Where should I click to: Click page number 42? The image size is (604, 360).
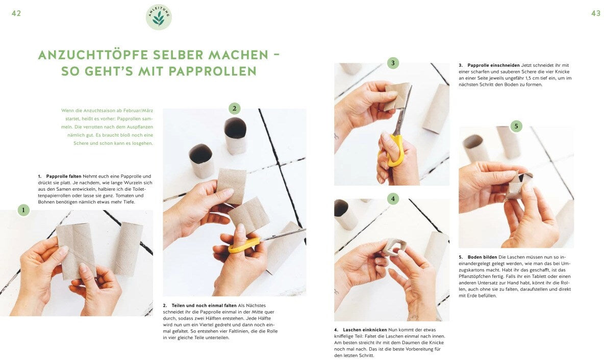tap(16, 13)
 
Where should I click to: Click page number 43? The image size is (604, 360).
tap(595, 13)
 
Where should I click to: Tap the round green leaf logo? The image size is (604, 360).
tap(159, 17)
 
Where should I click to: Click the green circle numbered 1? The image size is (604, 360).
tap(23, 210)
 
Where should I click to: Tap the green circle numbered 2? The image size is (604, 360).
tap(234, 109)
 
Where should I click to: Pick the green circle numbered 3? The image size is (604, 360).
tap(392, 63)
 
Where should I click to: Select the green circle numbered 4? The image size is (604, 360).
tap(392, 199)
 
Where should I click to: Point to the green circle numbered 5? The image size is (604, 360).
tap(516, 126)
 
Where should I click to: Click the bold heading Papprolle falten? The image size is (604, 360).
tap(64, 176)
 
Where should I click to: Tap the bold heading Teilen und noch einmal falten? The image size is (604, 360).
tap(204, 305)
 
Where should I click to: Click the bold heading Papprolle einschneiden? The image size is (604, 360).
tap(493, 65)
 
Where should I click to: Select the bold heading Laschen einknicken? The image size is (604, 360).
tap(365, 330)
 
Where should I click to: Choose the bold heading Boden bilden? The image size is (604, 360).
tap(482, 257)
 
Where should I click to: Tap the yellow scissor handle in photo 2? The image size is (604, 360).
tap(244, 245)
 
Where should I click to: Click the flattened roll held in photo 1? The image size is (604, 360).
tap(77, 251)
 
